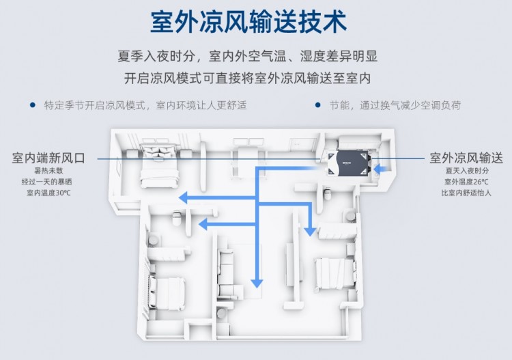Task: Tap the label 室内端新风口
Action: (48, 158)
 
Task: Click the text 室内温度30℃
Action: (48, 193)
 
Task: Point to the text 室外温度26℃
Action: (466, 182)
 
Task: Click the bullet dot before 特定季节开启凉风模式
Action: (32, 105)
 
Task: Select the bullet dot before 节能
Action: (317, 105)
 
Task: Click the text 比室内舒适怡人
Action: (466, 193)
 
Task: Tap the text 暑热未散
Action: (48, 171)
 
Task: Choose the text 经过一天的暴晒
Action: (48, 182)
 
